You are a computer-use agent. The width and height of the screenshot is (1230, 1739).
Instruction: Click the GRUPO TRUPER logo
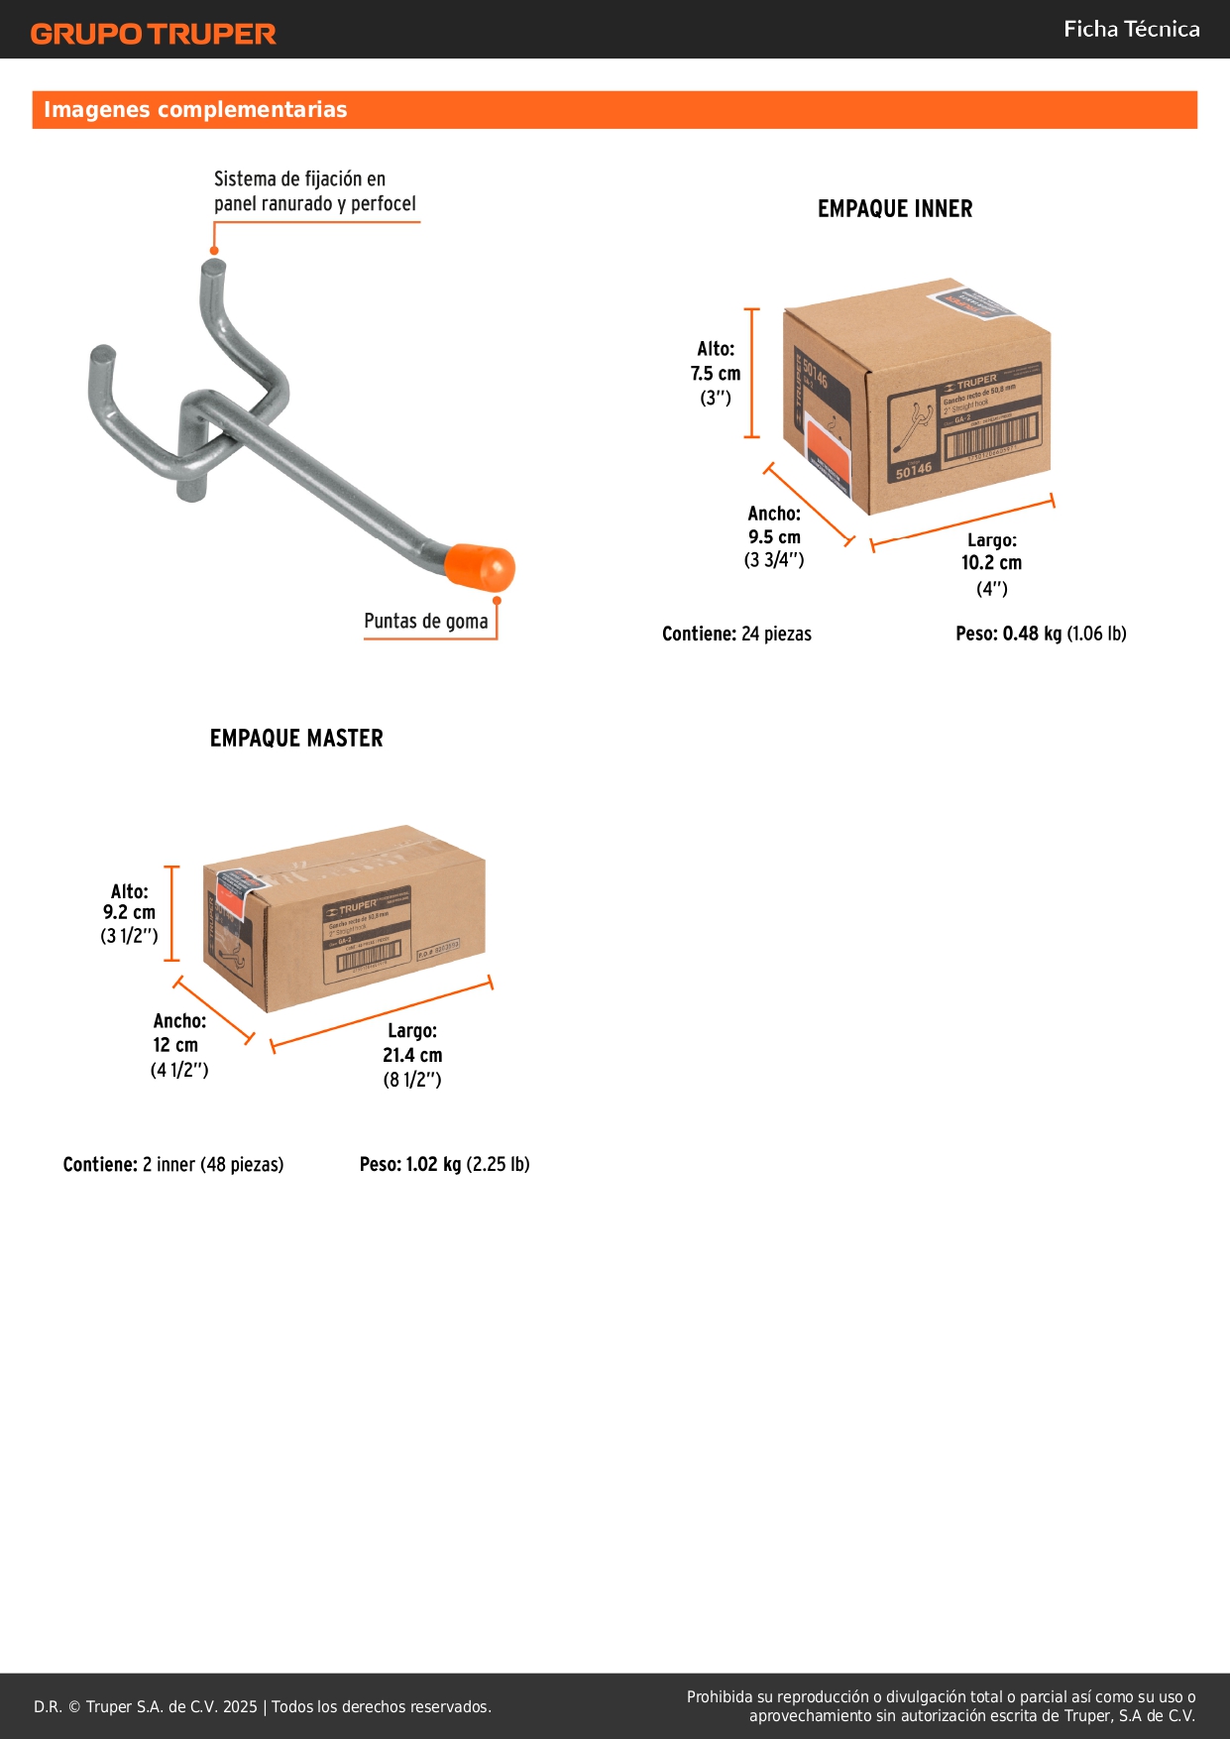click(153, 34)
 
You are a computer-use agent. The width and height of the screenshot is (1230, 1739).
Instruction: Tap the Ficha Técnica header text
click(1131, 29)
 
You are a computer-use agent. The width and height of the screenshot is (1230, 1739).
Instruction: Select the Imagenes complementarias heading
click(195, 110)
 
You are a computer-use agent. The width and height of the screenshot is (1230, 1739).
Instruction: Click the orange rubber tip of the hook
click(480, 566)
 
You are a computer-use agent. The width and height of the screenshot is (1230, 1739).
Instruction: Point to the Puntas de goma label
click(425, 622)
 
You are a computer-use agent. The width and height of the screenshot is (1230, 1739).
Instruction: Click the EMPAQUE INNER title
click(894, 209)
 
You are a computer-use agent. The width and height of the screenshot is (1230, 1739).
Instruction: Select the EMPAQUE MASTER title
click(295, 739)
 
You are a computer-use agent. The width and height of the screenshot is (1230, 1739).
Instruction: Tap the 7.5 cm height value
click(716, 374)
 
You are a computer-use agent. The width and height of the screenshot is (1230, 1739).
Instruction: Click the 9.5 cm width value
click(774, 537)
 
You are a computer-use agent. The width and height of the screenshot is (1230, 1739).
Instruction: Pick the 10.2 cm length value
click(991, 563)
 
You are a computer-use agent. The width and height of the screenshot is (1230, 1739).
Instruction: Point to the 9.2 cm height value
click(129, 913)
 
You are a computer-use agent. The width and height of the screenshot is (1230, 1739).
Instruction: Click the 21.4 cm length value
click(412, 1056)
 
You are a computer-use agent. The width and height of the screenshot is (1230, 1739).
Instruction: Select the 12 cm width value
click(175, 1045)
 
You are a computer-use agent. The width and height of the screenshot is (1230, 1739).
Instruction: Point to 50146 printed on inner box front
click(914, 470)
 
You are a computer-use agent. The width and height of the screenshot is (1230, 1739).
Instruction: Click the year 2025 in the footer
click(240, 1706)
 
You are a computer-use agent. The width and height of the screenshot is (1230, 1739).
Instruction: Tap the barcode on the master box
click(369, 958)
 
